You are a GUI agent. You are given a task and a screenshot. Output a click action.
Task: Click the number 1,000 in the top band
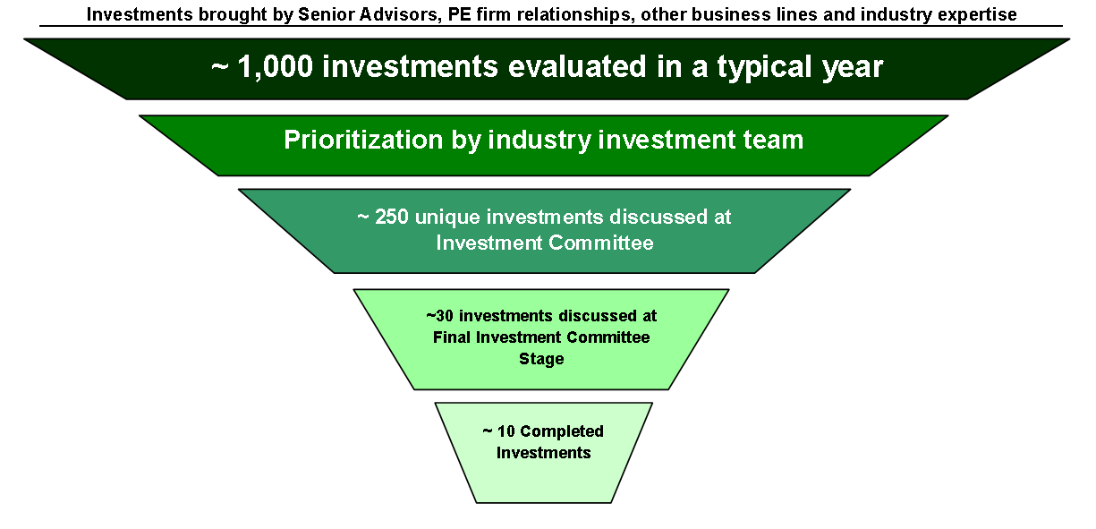(x=275, y=66)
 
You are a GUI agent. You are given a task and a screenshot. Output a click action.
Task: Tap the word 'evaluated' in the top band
(x=577, y=66)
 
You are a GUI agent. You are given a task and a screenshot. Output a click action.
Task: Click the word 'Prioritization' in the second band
(x=363, y=140)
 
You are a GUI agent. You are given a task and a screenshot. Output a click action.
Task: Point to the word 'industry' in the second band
(x=540, y=141)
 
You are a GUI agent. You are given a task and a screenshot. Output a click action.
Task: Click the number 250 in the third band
(x=392, y=217)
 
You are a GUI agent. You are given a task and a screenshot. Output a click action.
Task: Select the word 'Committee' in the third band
(x=601, y=243)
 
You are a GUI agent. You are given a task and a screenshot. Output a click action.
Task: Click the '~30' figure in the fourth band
(x=439, y=316)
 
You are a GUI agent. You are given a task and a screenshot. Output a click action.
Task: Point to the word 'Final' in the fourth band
(x=452, y=337)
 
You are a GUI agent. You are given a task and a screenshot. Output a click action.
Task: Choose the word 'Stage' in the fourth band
(x=541, y=359)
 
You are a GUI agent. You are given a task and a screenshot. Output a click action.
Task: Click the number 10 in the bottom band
(x=506, y=431)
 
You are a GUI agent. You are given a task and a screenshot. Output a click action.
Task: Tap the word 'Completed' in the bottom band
(x=562, y=432)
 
